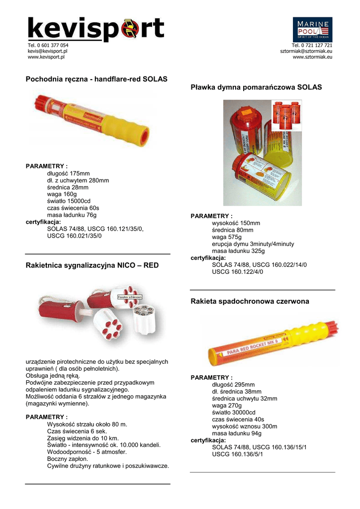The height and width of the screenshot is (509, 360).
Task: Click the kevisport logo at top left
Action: tap(95, 29)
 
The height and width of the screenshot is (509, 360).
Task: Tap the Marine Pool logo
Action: tap(312, 29)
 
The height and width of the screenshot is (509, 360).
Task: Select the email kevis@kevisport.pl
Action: tap(48, 51)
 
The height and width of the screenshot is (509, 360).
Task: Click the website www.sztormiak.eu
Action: tap(312, 57)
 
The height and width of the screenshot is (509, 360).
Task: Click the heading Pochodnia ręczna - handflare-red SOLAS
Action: tap(96, 79)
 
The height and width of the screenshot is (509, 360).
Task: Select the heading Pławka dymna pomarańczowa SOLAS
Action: tap(256, 87)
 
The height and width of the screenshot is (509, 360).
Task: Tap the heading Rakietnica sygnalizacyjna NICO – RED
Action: tap(92, 265)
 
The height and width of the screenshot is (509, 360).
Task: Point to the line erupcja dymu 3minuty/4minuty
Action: tap(253, 244)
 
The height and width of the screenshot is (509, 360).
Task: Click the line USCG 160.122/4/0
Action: tap(237, 272)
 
